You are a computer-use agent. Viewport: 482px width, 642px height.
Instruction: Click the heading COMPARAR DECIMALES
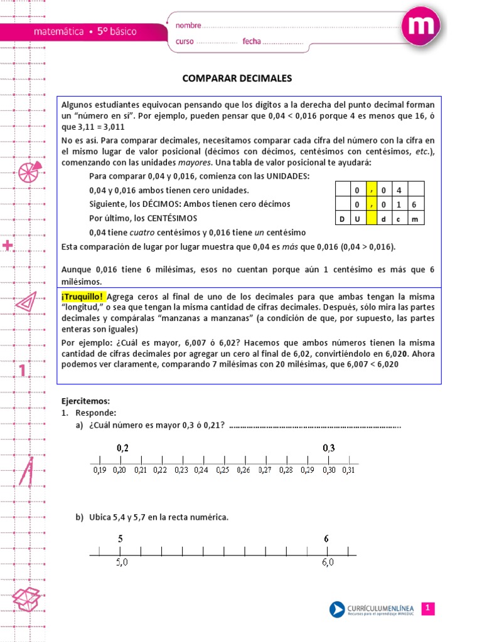click(237, 78)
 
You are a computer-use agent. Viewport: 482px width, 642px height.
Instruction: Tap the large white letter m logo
click(419, 28)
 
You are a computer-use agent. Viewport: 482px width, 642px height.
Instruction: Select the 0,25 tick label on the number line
click(223, 470)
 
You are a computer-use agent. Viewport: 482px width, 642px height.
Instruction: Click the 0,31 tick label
click(348, 470)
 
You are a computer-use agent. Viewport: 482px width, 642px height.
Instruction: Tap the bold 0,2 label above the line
click(122, 448)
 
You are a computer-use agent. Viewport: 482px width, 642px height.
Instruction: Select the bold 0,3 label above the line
click(329, 448)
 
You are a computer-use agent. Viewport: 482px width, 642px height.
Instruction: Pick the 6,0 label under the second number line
click(328, 563)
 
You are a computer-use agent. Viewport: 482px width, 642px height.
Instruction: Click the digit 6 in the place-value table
click(414, 204)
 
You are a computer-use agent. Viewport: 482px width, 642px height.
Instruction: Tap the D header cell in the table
click(342, 219)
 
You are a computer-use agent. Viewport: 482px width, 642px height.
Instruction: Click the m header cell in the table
click(414, 219)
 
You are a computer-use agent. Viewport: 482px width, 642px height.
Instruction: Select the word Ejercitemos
click(85, 401)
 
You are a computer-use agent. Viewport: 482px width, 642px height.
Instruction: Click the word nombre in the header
click(188, 26)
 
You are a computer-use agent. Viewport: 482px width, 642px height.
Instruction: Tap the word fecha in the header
click(251, 42)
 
